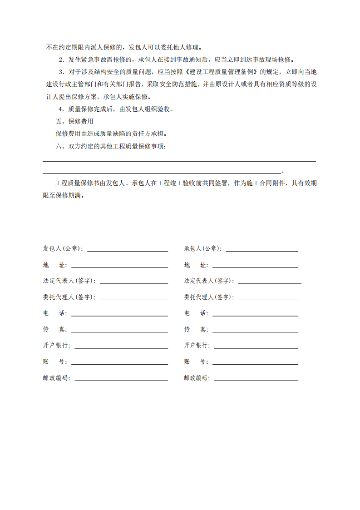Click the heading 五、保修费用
[x=74, y=121]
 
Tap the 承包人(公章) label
[x=203, y=248]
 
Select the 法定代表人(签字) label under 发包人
[x=69, y=281]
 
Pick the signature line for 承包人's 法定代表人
[x=269, y=282]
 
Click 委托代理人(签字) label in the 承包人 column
[x=209, y=297]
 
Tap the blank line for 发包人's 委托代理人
[x=134, y=299]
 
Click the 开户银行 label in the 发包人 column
[x=57, y=346]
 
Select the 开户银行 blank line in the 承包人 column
[x=256, y=347]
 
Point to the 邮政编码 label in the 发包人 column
[x=57, y=378]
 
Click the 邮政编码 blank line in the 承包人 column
[x=256, y=380]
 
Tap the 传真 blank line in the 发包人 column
[x=119, y=331]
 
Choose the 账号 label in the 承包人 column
[x=196, y=362]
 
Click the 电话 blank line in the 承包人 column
[x=255, y=315]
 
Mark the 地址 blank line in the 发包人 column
[x=119, y=267]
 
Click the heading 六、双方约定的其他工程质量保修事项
[x=110, y=146]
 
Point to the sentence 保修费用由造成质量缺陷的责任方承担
[x=111, y=134]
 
